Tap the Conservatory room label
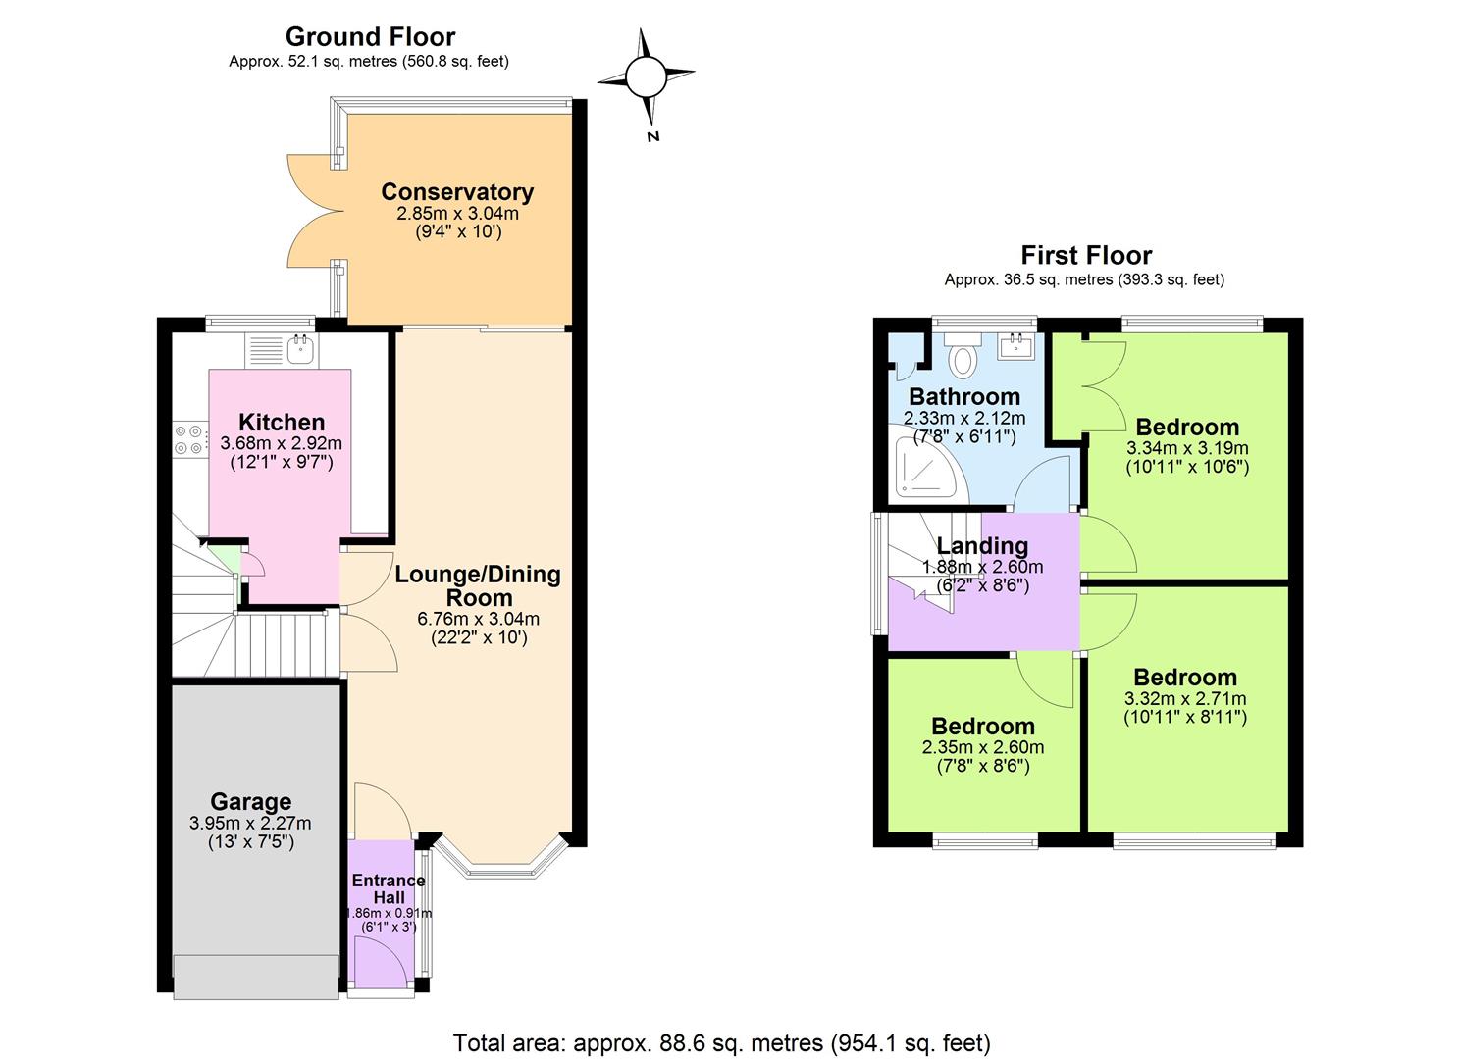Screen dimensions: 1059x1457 (x=457, y=192)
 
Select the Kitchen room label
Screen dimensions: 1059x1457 (x=282, y=423)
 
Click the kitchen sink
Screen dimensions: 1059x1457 (x=300, y=348)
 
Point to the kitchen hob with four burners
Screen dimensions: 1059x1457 (x=189, y=438)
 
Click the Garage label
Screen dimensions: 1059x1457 (x=250, y=802)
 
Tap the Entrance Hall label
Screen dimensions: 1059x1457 (x=389, y=888)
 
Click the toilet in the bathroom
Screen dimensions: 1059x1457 (x=964, y=356)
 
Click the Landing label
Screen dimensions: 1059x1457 (x=982, y=546)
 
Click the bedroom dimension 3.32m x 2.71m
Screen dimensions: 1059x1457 (x=1185, y=699)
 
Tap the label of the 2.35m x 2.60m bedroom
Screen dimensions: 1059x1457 (x=982, y=727)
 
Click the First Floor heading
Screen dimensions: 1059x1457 (x=1086, y=256)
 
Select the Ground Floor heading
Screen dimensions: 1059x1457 (x=370, y=37)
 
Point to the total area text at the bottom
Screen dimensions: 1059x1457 (x=721, y=1042)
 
